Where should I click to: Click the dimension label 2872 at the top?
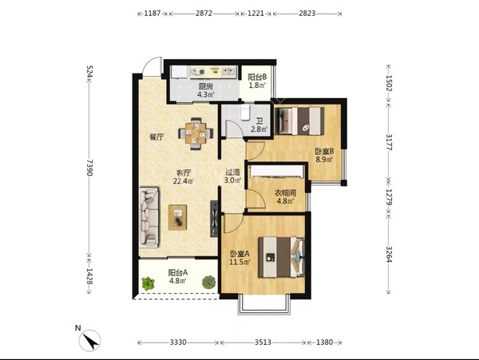204,14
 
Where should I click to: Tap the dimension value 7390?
89,168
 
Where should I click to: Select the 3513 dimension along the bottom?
263,342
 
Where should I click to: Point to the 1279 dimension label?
389,197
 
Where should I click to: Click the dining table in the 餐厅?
196,133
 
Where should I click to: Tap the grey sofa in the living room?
149,217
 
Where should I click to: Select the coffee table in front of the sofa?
177,217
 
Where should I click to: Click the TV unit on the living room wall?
214,219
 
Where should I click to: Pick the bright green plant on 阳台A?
148,283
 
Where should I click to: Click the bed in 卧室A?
282,257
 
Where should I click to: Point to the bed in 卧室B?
299,121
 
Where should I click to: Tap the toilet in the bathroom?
245,113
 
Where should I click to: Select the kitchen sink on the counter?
228,72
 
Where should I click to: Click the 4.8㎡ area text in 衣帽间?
285,201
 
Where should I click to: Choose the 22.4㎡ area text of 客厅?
184,181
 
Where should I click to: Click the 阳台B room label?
257,77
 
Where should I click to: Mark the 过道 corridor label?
233,172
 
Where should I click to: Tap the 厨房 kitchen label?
205,86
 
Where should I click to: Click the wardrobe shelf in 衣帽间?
277,172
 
